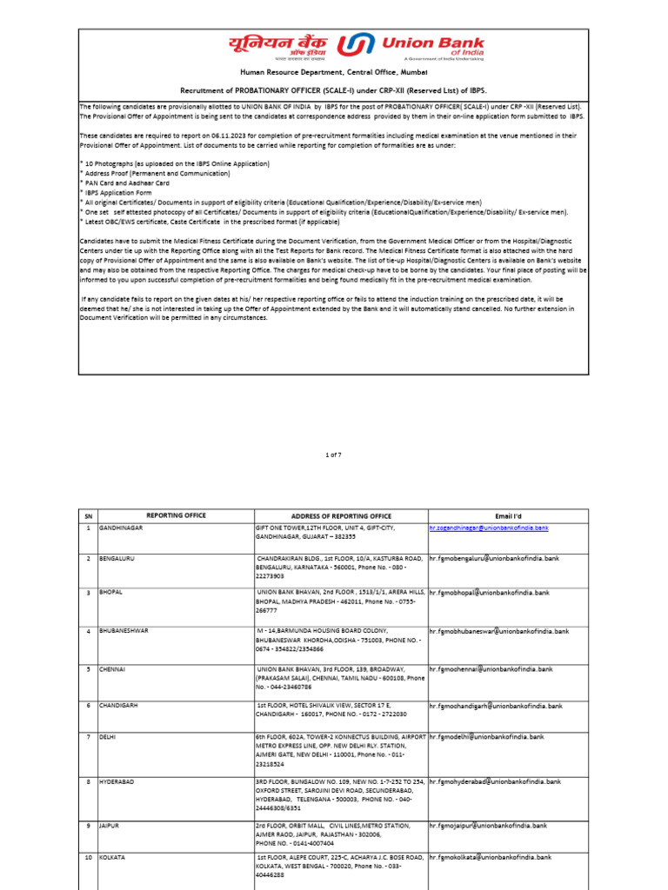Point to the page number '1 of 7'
click(x=334, y=454)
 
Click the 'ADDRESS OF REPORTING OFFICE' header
click(x=340, y=515)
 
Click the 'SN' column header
click(x=88, y=515)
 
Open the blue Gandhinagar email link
click(x=489, y=528)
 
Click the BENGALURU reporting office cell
click(x=122, y=558)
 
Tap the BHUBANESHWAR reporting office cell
click(x=127, y=631)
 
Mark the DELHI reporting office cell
click(x=109, y=737)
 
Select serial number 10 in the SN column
click(x=88, y=857)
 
